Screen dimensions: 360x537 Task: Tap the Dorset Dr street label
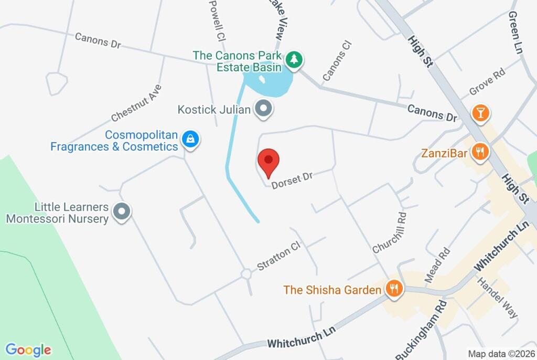pyautogui.click(x=292, y=178)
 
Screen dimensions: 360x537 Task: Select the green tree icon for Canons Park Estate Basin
pyautogui.click(x=294, y=59)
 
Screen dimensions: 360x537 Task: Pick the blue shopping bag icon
pyautogui.click(x=190, y=140)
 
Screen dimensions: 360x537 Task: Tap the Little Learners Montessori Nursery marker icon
pyautogui.click(x=122, y=211)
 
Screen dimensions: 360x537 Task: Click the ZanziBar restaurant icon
pyautogui.click(x=480, y=153)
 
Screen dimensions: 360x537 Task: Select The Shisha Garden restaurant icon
pyautogui.click(x=393, y=288)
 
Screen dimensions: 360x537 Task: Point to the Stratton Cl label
pyautogui.click(x=278, y=256)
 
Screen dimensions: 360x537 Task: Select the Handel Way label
pyautogui.click(x=497, y=298)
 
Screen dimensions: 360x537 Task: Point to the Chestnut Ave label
pyautogui.click(x=137, y=103)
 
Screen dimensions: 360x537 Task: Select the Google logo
pyautogui.click(x=28, y=350)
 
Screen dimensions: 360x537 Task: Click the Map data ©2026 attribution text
pyautogui.click(x=501, y=354)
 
